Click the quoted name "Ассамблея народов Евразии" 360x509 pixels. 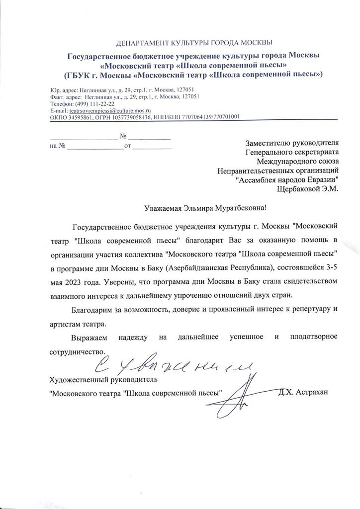click(287, 179)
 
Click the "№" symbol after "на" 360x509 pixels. click(63, 147)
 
